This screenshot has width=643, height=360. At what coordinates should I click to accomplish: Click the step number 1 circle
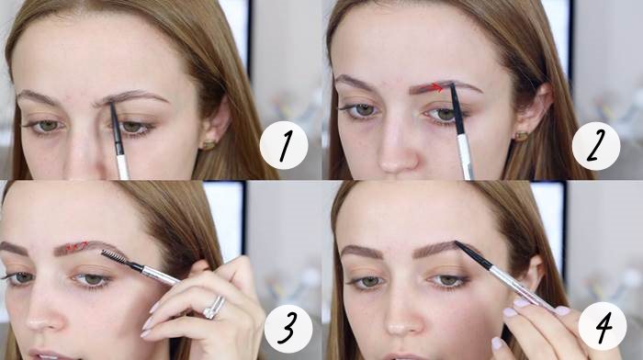pyautogui.click(x=284, y=145)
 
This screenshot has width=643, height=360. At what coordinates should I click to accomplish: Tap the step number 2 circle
pyautogui.click(x=596, y=146)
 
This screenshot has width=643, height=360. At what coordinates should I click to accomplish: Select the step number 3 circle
pyautogui.click(x=288, y=329)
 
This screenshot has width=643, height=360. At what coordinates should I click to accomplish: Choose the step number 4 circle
pyautogui.click(x=603, y=326)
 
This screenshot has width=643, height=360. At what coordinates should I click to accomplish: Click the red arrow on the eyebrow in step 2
pyautogui.click(x=437, y=87)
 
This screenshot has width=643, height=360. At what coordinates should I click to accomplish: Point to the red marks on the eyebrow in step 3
pyautogui.click(x=76, y=246)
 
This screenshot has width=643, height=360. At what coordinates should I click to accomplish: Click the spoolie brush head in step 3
pyautogui.click(x=115, y=257)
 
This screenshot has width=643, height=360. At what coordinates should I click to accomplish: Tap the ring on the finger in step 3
pyautogui.click(x=214, y=307)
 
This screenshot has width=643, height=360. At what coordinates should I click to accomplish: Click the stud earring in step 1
pyautogui.click(x=209, y=144)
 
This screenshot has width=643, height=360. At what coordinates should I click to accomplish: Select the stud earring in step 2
pyautogui.click(x=522, y=136)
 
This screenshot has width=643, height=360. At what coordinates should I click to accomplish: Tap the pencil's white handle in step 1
pyautogui.click(x=122, y=167)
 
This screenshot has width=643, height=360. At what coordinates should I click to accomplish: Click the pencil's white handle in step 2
pyautogui.click(x=465, y=157)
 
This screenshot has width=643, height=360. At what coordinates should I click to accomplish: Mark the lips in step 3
pyautogui.click(x=45, y=355)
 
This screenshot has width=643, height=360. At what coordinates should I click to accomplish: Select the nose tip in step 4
pyautogui.click(x=400, y=326)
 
